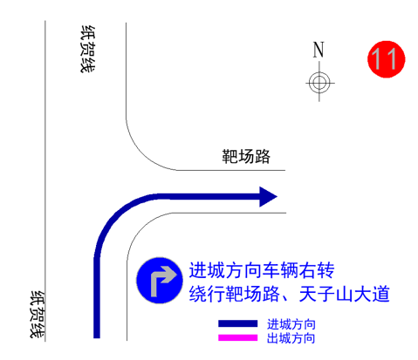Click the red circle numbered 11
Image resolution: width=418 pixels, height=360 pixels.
pos(386,59)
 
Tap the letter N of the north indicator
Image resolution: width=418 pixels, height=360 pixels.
pos(319,50)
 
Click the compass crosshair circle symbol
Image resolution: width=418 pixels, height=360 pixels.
pos(319,83)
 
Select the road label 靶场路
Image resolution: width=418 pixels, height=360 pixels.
pos(246,156)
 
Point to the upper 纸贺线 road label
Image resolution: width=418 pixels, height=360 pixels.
pos(88,49)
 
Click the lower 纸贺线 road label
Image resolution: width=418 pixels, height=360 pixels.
pos(38,315)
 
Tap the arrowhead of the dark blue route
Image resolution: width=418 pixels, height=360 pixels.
pos(268,197)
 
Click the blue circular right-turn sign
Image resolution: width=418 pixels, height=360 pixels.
pos(160,281)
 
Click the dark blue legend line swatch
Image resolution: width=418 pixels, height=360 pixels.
pos(238,323)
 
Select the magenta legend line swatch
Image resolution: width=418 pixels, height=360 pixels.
pos(238,337)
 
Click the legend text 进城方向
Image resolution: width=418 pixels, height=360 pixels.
pos(291,324)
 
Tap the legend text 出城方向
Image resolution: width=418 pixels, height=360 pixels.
pos(291,338)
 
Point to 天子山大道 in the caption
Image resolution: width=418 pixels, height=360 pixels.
pos(344,294)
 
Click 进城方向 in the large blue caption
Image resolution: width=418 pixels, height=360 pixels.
pos(225,270)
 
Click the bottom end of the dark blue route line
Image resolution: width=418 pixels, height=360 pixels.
pos(97,337)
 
